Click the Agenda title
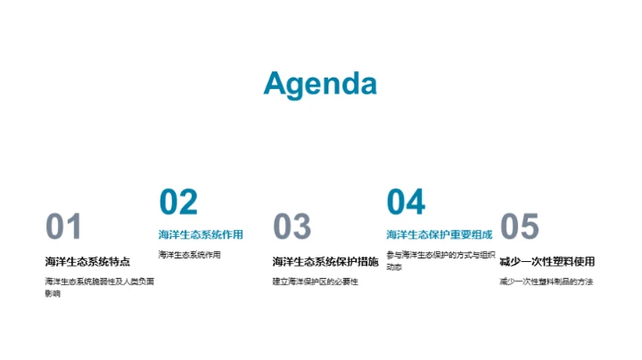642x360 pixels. (320, 83)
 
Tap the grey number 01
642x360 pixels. (63, 227)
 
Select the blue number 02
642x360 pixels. (178, 202)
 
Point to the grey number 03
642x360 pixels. (292, 227)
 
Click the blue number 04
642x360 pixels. (406, 202)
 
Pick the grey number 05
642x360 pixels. (519, 227)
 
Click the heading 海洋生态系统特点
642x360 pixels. (87, 261)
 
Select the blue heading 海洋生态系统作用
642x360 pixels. (201, 235)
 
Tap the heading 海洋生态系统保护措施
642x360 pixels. (325, 261)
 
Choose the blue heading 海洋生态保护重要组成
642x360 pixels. (439, 235)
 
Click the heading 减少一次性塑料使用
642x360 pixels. (547, 261)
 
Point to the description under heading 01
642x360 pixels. (99, 287)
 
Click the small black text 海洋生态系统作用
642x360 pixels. (189, 255)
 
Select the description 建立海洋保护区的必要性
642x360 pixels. (315, 282)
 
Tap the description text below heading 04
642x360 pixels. (439, 260)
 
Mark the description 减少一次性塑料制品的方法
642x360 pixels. (546, 282)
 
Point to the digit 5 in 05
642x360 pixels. (530, 227)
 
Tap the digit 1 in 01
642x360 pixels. (74, 227)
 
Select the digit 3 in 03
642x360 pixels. (302, 227)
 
